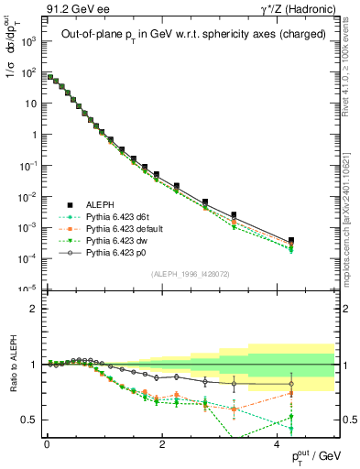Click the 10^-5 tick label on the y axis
point(27,289)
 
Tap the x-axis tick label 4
point(278,444)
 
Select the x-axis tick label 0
point(47,444)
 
